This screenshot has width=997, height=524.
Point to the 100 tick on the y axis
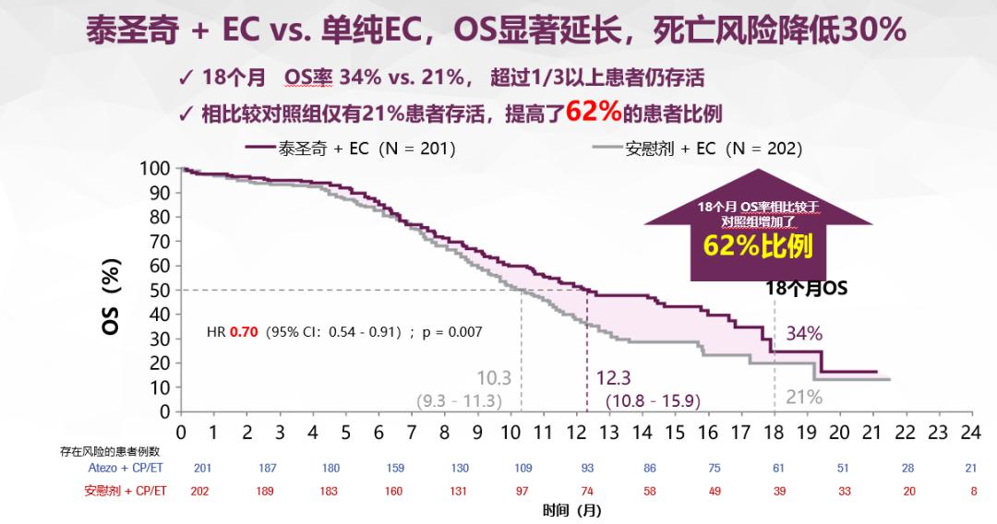[155, 169]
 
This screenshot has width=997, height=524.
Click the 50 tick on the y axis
[160, 290]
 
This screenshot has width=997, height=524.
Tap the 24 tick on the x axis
[970, 432]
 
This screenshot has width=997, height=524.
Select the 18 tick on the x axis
[774, 432]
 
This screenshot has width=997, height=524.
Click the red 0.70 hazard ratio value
[243, 331]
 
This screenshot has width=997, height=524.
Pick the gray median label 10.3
[494, 378]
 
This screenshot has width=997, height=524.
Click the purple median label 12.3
[614, 378]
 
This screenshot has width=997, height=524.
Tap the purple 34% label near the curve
[803, 334]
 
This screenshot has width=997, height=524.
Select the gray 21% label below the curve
[803, 398]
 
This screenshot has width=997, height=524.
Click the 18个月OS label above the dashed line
[806, 288]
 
